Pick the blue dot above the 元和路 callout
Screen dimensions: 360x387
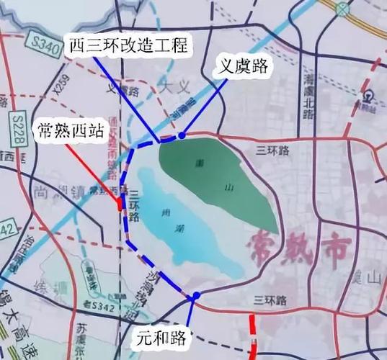[x=195, y=296]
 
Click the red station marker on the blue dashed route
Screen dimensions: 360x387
[x=120, y=206]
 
